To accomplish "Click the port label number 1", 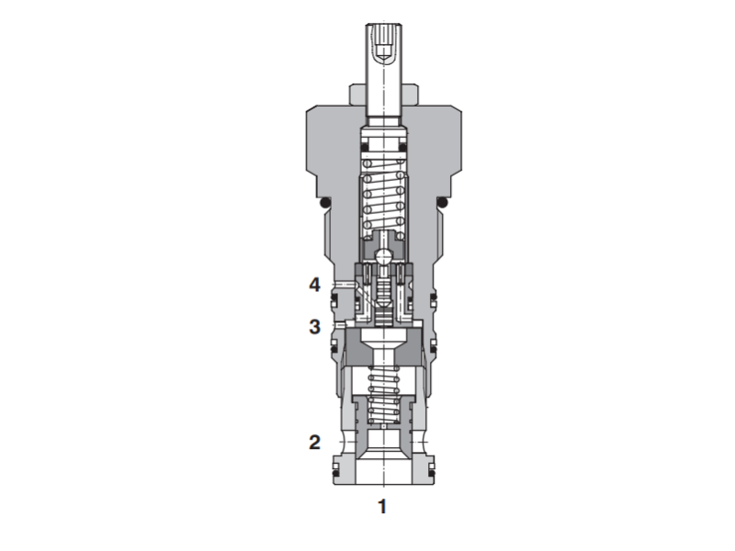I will pyautogui.click(x=382, y=505).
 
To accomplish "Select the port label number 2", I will pyautogui.click(x=314, y=442).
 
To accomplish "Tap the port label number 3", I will pyautogui.click(x=314, y=325).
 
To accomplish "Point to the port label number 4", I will pyautogui.click(x=314, y=286).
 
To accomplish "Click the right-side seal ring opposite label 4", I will pyautogui.click(x=433, y=296).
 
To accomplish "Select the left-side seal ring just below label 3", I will pyautogui.click(x=334, y=347).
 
